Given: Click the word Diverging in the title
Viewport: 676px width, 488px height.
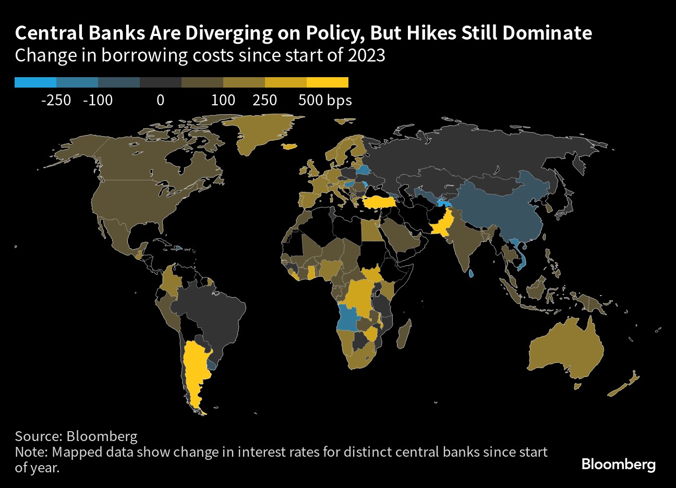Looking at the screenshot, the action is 228,33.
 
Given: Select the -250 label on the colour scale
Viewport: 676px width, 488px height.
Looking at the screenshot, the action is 56,100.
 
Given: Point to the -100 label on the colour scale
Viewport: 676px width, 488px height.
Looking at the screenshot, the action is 98,100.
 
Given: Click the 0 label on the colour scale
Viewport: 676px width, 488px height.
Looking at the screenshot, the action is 161,100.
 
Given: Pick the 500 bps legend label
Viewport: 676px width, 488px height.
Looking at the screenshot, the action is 325,101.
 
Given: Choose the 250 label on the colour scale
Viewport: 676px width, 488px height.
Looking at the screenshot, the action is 264,100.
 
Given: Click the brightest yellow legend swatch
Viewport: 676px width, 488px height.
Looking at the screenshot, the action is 328,82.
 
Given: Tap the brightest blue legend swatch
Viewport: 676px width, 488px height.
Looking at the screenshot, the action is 35,82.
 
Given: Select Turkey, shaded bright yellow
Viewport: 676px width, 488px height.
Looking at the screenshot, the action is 379,202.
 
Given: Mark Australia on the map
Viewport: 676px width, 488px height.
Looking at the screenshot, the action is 566,350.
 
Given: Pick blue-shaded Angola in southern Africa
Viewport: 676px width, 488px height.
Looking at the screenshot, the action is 348,318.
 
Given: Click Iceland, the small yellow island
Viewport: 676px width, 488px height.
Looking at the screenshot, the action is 289,147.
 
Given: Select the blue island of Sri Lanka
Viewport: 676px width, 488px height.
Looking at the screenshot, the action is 471,273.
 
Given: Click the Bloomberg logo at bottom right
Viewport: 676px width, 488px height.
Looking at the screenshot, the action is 619,464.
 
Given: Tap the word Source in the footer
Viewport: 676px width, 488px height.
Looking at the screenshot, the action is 39,436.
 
